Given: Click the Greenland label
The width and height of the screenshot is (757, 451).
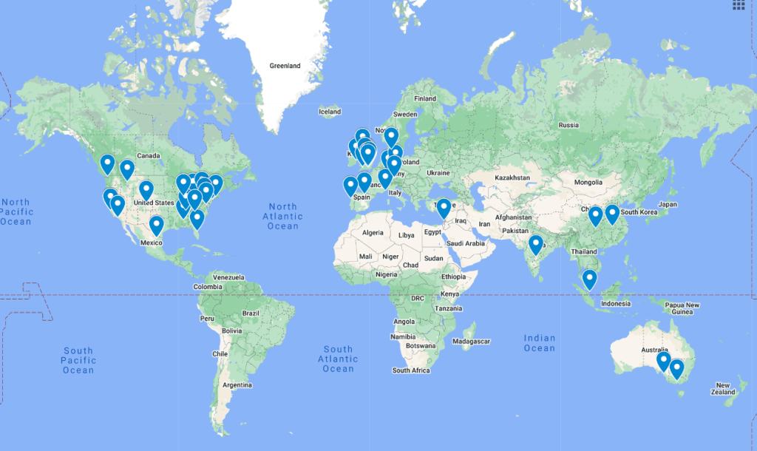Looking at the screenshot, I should pyautogui.click(x=285, y=66).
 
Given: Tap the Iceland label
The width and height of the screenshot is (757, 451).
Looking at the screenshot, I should pyautogui.click(x=329, y=112).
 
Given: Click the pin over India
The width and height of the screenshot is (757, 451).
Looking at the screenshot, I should pyautogui.click(x=536, y=244).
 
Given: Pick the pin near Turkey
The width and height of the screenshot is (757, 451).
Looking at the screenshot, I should pyautogui.click(x=443, y=209).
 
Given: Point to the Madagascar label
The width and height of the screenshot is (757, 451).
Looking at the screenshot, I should pyautogui.click(x=472, y=341).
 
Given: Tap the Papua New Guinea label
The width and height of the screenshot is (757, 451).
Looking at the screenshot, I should pyautogui.click(x=682, y=308).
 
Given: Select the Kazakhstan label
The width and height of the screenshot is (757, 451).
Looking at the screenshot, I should pyautogui.click(x=512, y=178).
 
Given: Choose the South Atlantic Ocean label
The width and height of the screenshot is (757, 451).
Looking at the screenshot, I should pyautogui.click(x=338, y=359).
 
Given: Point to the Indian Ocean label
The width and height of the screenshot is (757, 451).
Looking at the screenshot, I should pyautogui.click(x=540, y=343).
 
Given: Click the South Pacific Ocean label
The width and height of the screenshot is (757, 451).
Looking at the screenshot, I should pyautogui.click(x=78, y=360).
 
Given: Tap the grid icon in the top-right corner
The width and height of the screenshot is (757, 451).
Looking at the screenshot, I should pyautogui.click(x=739, y=5).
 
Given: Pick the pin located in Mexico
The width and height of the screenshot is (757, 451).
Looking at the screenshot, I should pyautogui.click(x=156, y=225).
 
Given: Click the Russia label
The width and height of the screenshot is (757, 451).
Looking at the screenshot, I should pyautogui.click(x=568, y=124).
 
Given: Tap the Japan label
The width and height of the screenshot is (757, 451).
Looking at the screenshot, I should pyautogui.click(x=668, y=204).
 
